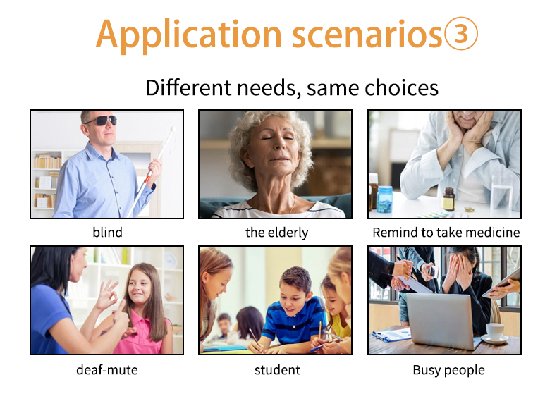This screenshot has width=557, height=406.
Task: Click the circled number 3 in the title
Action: [461, 34]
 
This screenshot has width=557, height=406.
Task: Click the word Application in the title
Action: [189, 35]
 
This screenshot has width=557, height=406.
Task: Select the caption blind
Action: [107, 233]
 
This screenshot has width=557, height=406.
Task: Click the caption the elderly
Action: [276, 233]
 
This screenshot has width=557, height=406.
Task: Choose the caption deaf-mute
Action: [107, 370]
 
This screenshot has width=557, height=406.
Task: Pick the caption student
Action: [277, 370]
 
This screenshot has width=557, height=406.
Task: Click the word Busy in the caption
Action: [427, 370]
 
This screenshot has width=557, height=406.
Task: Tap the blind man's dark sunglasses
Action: [102, 121]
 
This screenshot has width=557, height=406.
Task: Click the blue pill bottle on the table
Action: [385, 199]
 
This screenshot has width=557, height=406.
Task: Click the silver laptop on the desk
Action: [443, 320]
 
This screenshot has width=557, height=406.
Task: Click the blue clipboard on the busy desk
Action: [391, 335]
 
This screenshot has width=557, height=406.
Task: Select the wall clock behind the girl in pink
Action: [170, 261]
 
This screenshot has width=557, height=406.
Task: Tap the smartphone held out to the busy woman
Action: [433, 271]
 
